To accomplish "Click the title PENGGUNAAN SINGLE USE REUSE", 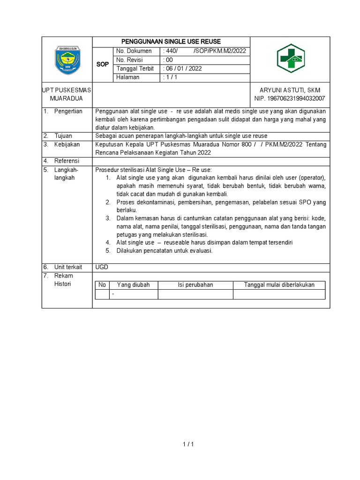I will [x=171, y=42].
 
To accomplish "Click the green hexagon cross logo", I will [x=290, y=60].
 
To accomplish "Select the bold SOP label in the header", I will [x=102, y=64].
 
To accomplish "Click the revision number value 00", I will [x=168, y=60].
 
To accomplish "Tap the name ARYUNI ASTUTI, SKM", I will [x=290, y=90].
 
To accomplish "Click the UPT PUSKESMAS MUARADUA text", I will [x=67, y=94].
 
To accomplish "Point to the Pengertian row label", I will [x=68, y=111].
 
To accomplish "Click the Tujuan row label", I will [x=63, y=136].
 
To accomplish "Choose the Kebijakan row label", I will [x=67, y=144].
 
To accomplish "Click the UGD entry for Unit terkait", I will [x=102, y=267].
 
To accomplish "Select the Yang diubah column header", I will [x=133, y=285].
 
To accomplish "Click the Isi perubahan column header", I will [x=195, y=285].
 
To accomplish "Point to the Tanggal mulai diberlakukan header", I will [x=279, y=285].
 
